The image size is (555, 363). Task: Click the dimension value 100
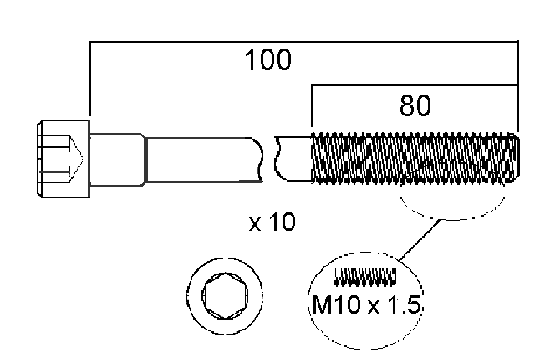267,61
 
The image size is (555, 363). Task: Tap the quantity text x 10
272,223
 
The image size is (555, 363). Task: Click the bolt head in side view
62,159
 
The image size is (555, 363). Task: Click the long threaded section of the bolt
414,159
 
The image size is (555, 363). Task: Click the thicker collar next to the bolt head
117,159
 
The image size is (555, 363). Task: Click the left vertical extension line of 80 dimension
311,109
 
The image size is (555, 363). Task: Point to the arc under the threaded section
451,217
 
